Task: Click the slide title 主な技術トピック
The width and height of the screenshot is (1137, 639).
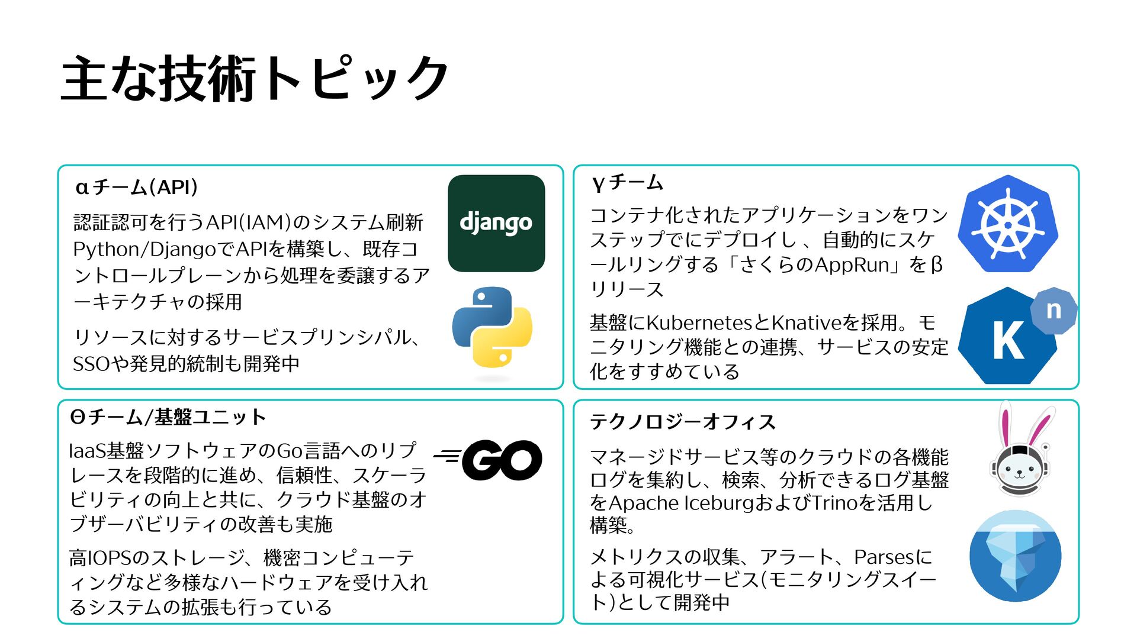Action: (x=255, y=78)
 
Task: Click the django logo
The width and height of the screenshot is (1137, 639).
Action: (x=496, y=223)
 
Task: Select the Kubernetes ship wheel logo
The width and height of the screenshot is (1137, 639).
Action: (x=1008, y=224)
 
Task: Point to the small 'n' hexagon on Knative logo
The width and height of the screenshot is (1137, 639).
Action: (x=1054, y=311)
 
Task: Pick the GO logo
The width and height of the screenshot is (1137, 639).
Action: (x=489, y=460)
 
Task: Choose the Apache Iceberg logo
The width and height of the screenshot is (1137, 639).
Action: (x=1015, y=556)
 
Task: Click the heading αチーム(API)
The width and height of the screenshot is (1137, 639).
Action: (x=137, y=187)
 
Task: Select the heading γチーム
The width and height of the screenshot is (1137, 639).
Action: (x=628, y=182)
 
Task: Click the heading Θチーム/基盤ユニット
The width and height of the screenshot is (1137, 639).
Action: (x=168, y=417)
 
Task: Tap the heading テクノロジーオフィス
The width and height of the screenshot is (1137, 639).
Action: (x=683, y=422)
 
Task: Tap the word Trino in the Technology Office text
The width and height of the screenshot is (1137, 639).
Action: (x=834, y=503)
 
